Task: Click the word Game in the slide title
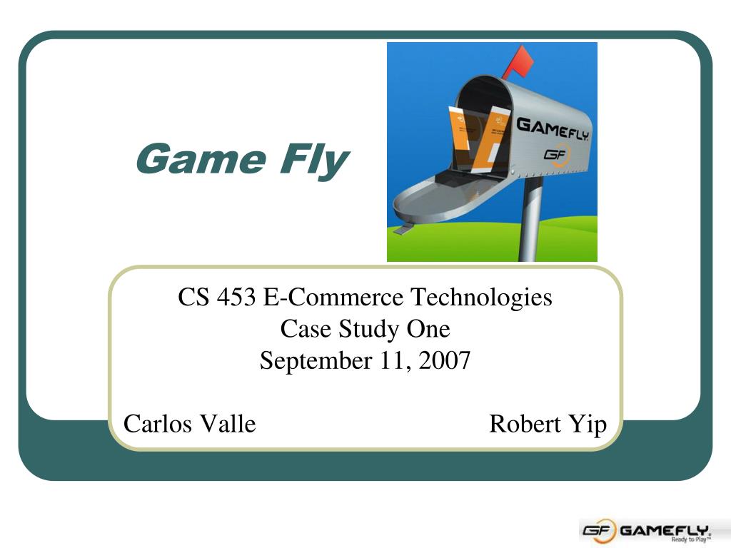(201, 158)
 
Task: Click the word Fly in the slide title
(315, 161)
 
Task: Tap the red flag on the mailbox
(518, 62)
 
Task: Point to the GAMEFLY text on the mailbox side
(553, 128)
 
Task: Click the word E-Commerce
(333, 297)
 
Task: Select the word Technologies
(481, 298)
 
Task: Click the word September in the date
(316, 361)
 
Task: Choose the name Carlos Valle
(190, 424)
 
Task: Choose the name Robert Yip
(548, 425)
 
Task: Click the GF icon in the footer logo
(598, 530)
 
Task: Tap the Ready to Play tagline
(691, 539)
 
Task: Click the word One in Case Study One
(428, 328)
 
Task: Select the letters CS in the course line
(193, 297)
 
